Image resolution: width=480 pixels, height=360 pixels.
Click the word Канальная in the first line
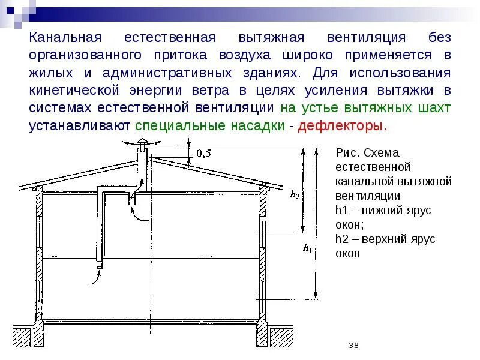pyautogui.click(x=63, y=38)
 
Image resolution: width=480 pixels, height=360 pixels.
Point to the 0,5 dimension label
pyautogui.click(x=203, y=154)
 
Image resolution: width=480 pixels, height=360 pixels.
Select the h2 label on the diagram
pyautogui.click(x=295, y=193)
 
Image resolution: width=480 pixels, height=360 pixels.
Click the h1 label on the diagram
pyautogui.click(x=308, y=247)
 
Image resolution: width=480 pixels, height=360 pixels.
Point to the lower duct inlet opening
pyautogui.click(x=99, y=265)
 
